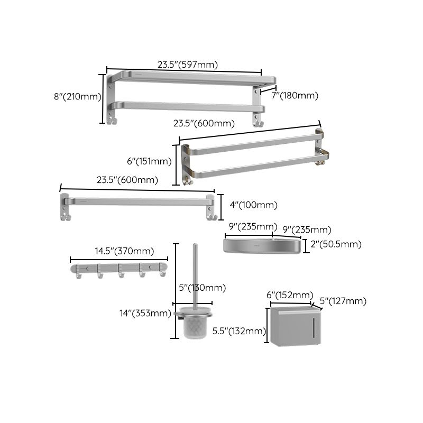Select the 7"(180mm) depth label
pos(295,95)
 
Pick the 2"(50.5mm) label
pos(335,244)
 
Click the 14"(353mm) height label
pos(145,313)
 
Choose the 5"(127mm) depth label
pos(343,301)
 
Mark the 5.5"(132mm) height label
pos(238,332)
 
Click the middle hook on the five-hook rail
pos(121,273)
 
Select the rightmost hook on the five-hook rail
pos(162,273)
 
